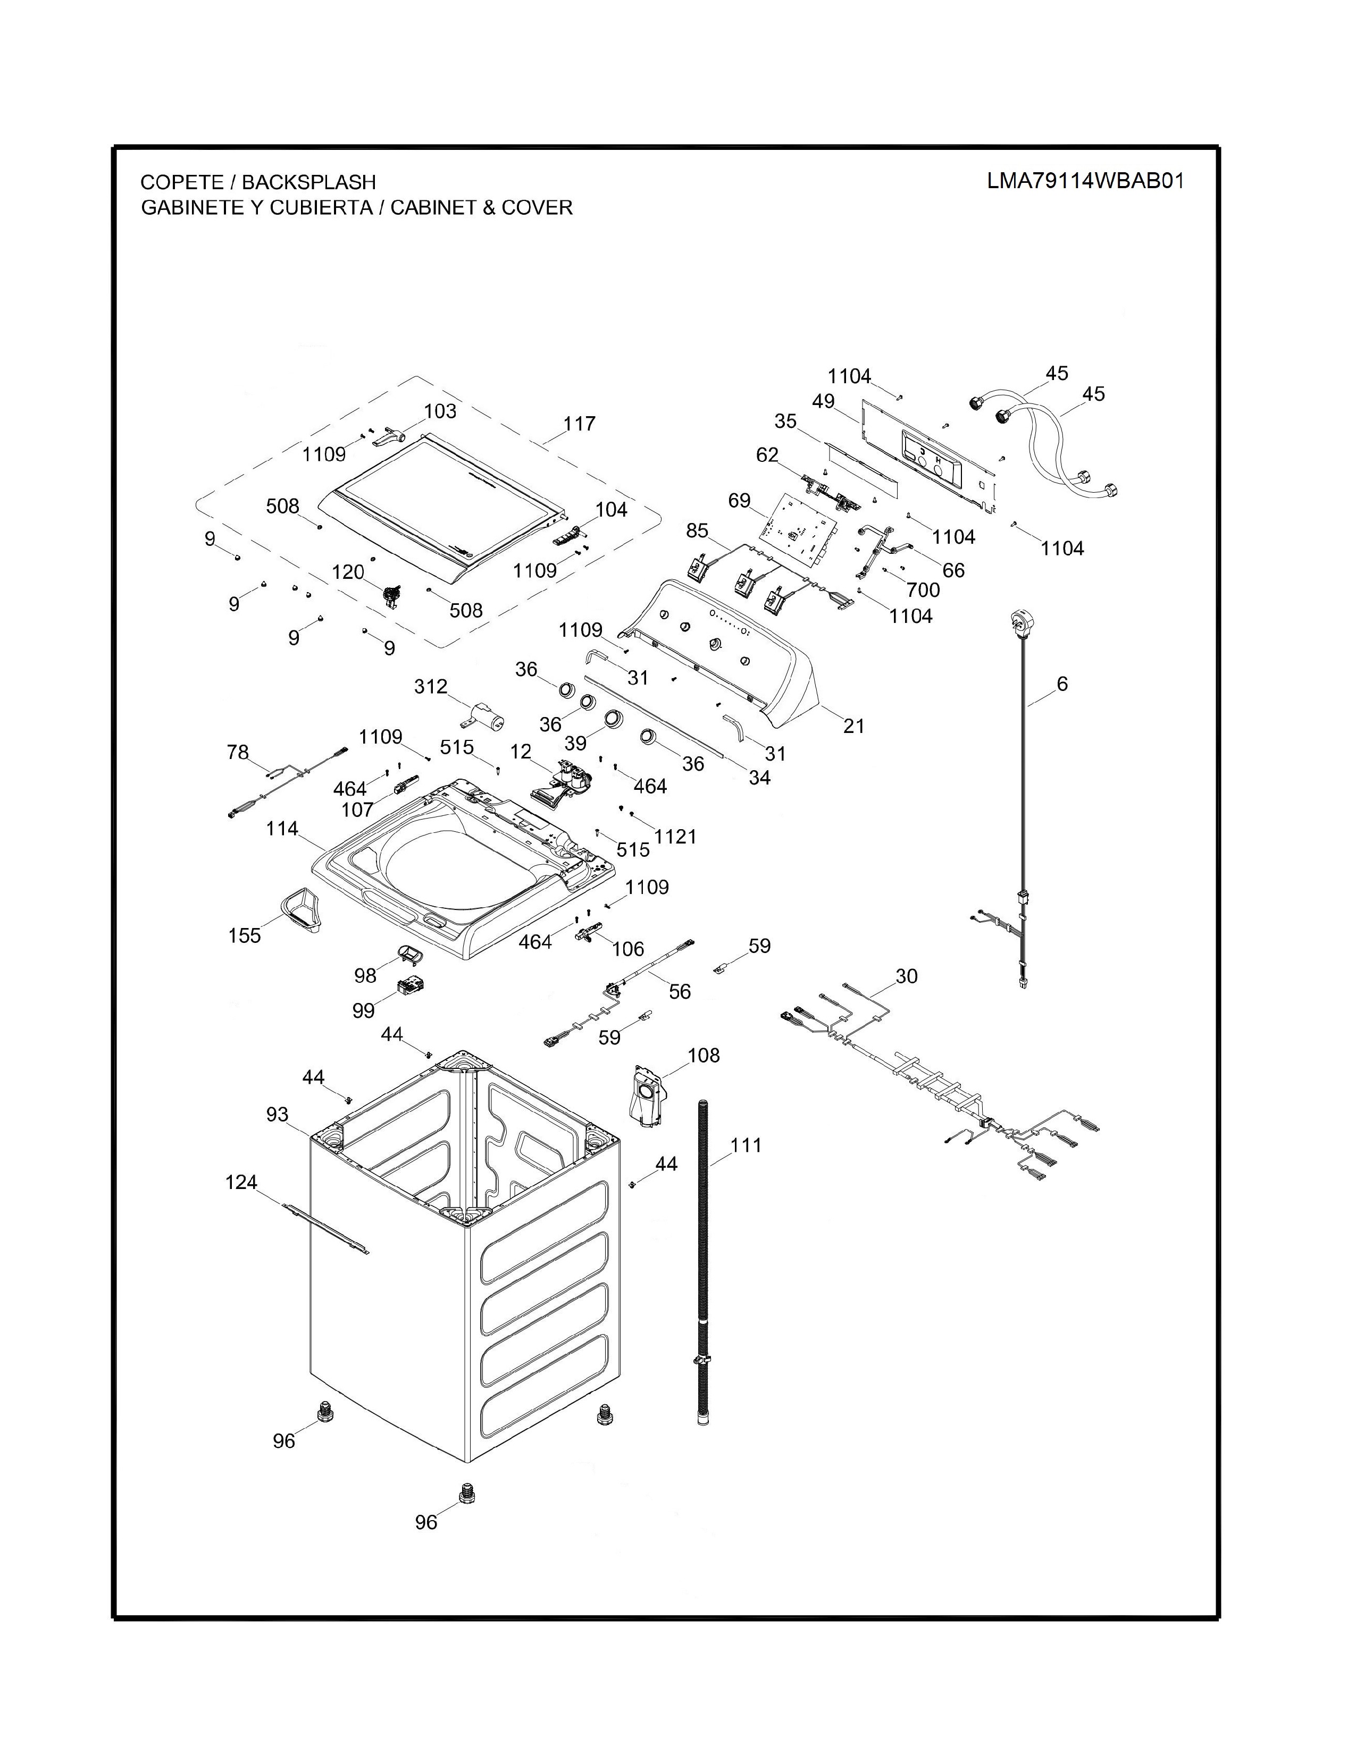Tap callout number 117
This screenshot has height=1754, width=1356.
pos(579,423)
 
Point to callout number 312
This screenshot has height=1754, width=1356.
pos(431,687)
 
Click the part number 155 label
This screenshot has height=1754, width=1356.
pos(244,935)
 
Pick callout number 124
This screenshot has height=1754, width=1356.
pos(241,1182)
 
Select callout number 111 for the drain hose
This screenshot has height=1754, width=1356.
pos(746,1145)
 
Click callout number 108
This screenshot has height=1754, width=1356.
pos(704,1055)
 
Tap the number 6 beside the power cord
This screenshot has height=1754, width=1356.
pos(1062,684)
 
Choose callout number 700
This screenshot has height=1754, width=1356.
pos(923,591)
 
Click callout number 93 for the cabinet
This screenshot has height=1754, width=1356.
pos(277,1115)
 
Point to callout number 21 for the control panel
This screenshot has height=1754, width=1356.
pos(854,726)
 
